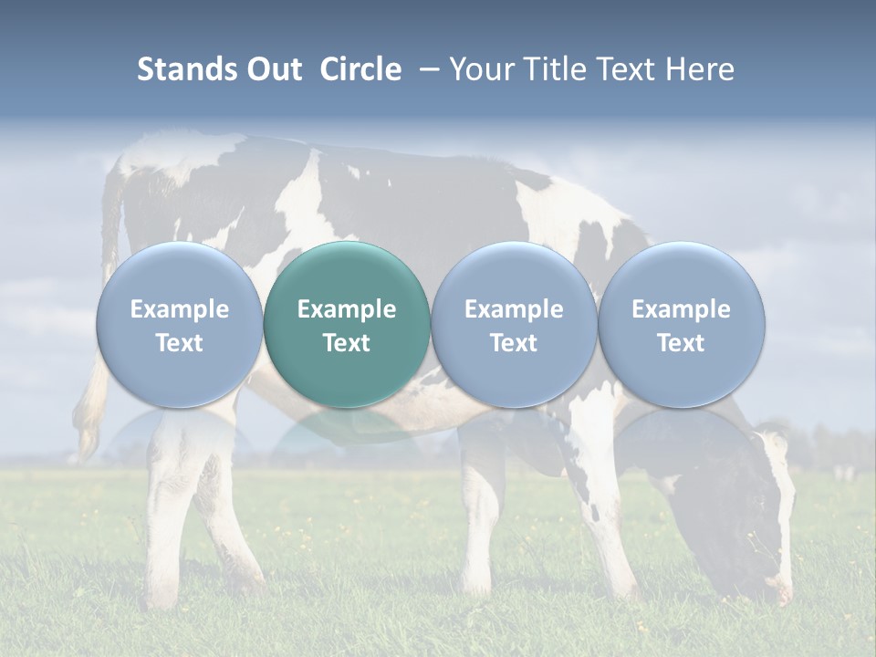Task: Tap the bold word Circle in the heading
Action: pos(360,69)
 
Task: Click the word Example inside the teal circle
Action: pos(347,309)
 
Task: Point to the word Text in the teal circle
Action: pos(347,343)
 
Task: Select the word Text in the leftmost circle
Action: pos(179,343)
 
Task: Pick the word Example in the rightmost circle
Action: pos(682,309)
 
